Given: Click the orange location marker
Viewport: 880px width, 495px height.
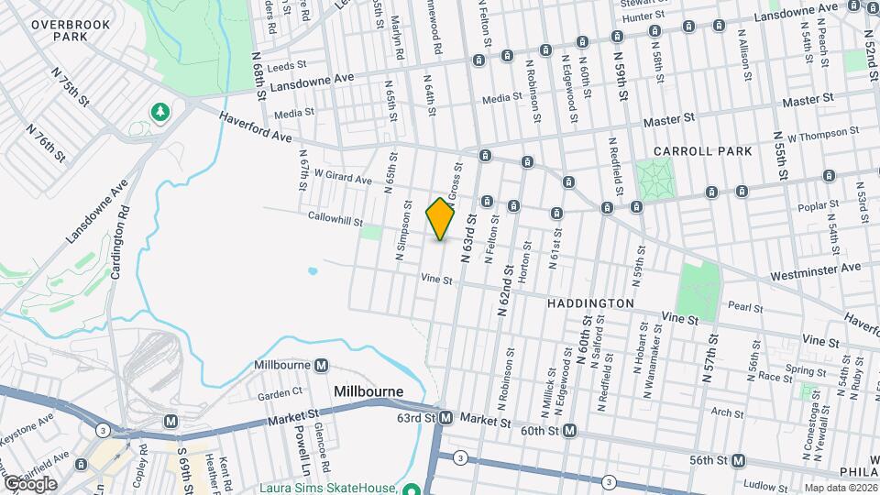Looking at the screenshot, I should (441, 219).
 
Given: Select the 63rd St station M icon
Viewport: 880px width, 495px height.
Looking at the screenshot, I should (445, 418).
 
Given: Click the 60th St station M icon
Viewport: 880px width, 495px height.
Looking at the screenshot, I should (569, 430).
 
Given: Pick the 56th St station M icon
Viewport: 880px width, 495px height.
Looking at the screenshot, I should (739, 460).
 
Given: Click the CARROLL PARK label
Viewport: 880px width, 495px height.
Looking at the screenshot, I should (703, 151).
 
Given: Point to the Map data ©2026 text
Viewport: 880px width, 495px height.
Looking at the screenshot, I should (840, 488).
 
